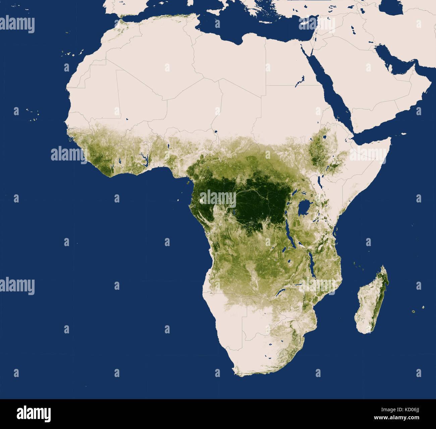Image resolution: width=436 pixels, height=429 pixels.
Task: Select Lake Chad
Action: click(216, 132)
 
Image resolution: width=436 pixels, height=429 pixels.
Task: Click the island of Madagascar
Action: click(372, 300)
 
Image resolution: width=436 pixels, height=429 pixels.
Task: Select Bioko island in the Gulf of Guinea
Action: click(186, 183)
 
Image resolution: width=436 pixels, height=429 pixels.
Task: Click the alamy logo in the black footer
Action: click(34, 414)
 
